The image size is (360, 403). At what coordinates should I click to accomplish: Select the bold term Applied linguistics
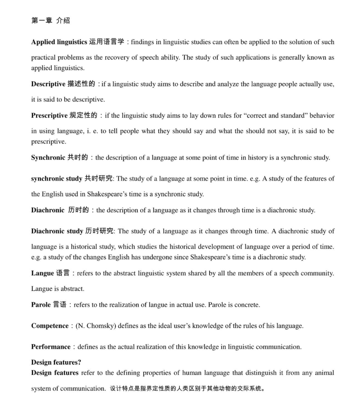point(59,42)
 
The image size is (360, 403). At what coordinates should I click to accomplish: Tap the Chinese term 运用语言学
point(107,42)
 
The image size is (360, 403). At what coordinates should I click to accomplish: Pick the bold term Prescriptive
point(49,115)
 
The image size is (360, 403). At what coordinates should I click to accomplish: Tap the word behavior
point(322,115)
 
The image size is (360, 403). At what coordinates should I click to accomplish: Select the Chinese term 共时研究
point(99,179)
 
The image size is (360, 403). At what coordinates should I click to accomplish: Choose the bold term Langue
point(43,273)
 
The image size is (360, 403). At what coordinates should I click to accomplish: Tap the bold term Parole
point(41,305)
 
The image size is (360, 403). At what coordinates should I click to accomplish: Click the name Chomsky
point(99,326)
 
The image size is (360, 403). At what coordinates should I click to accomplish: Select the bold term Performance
point(51,347)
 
